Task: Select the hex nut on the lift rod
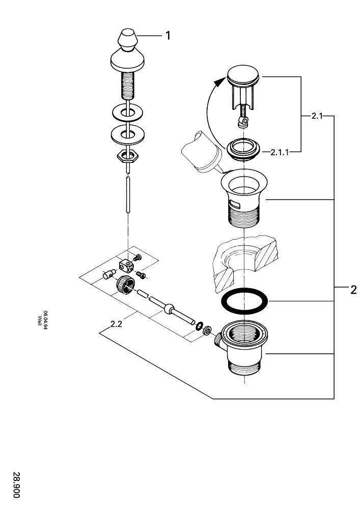127,155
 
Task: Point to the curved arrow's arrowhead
220,81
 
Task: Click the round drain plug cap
243,76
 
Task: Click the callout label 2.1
317,116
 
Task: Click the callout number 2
353,291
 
